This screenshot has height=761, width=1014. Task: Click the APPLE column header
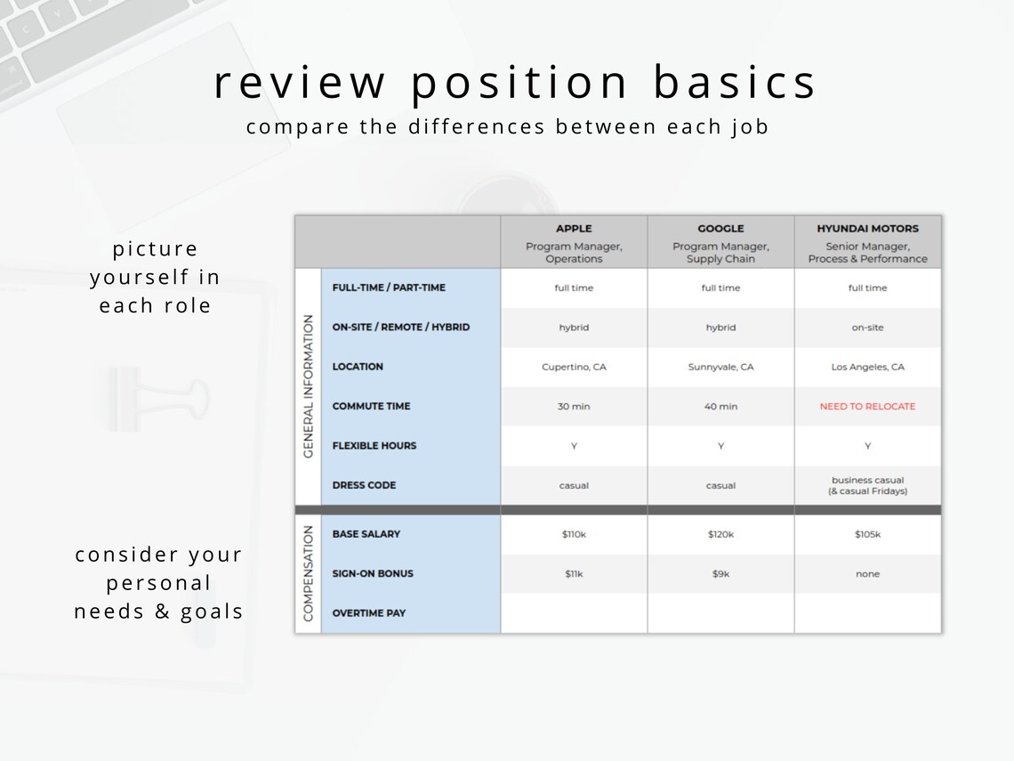pyautogui.click(x=574, y=229)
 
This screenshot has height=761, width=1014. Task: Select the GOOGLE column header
pyautogui.click(x=720, y=229)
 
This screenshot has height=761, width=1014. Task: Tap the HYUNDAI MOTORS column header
pyautogui.click(x=867, y=229)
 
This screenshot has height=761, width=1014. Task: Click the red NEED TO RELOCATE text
pyautogui.click(x=867, y=407)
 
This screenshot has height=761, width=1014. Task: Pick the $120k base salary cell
pyautogui.click(x=720, y=534)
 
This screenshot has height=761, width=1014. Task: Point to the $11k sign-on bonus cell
pyautogui.click(x=574, y=574)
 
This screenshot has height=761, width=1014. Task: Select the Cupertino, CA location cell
pyautogui.click(x=574, y=367)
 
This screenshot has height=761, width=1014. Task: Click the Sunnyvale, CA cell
pyautogui.click(x=720, y=367)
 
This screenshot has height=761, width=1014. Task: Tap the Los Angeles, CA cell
pyautogui.click(x=867, y=367)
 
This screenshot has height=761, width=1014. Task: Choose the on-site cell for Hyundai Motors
pyautogui.click(x=867, y=328)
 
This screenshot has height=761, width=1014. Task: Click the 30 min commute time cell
pyautogui.click(x=574, y=407)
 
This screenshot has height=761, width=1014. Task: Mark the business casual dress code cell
pyautogui.click(x=867, y=486)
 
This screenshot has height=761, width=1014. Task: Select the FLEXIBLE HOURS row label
pyautogui.click(x=374, y=446)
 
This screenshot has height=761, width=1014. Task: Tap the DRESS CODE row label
pyautogui.click(x=364, y=485)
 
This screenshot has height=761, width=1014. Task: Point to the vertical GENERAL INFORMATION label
pyautogui.click(x=309, y=385)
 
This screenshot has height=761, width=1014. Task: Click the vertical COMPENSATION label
pyautogui.click(x=309, y=573)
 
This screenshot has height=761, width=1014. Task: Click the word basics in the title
pyautogui.click(x=735, y=83)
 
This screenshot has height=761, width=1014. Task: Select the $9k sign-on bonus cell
pyautogui.click(x=720, y=574)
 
